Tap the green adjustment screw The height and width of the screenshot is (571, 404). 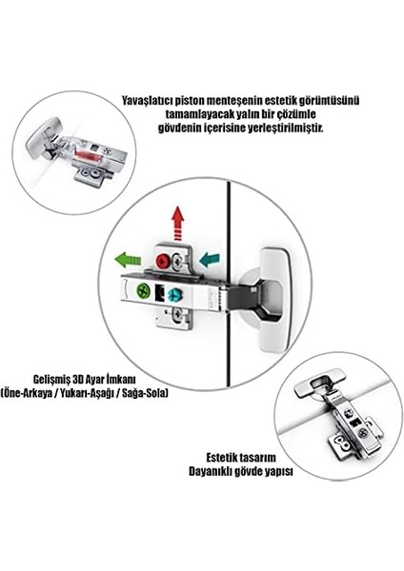click(143, 291)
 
